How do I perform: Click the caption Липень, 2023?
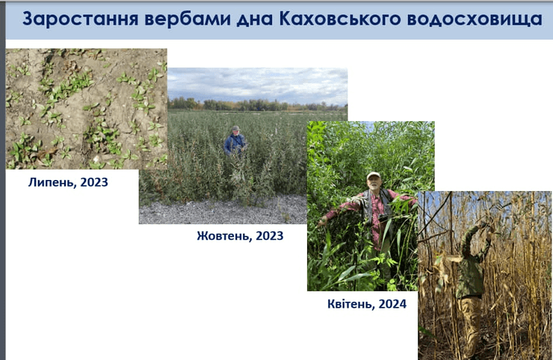68,181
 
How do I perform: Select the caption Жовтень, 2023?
240,236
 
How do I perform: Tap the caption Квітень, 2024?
366,304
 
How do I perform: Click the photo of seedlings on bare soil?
86,108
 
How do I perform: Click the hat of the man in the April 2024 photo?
373,176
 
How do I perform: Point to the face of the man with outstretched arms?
374,182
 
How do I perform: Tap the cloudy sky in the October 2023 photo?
258,84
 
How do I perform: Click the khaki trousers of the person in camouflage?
471,321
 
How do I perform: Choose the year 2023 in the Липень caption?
93,181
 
